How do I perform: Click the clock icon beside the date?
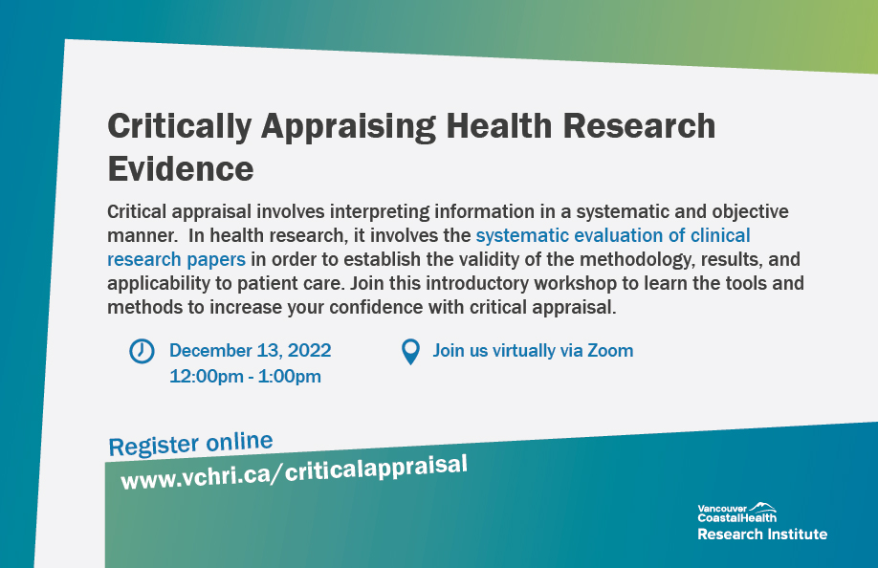point(141,351)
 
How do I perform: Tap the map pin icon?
point(409,352)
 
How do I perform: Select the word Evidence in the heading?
point(180,169)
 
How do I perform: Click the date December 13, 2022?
point(250,351)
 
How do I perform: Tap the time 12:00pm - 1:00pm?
point(245,376)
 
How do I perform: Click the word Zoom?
point(610,351)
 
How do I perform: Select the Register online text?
point(191,444)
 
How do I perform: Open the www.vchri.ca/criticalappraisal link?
point(294,470)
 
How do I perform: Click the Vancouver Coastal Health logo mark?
point(762,506)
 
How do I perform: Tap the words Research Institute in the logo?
point(761,534)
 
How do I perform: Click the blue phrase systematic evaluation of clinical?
point(612,235)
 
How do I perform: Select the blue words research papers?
point(177,258)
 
